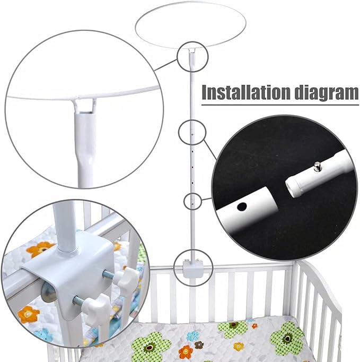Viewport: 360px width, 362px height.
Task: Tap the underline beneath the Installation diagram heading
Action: click(x=280, y=105)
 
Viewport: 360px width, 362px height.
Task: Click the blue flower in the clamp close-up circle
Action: click(x=43, y=335)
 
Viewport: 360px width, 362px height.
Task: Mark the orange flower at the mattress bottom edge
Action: click(x=185, y=351)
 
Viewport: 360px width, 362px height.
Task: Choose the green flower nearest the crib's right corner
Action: click(x=287, y=338)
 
